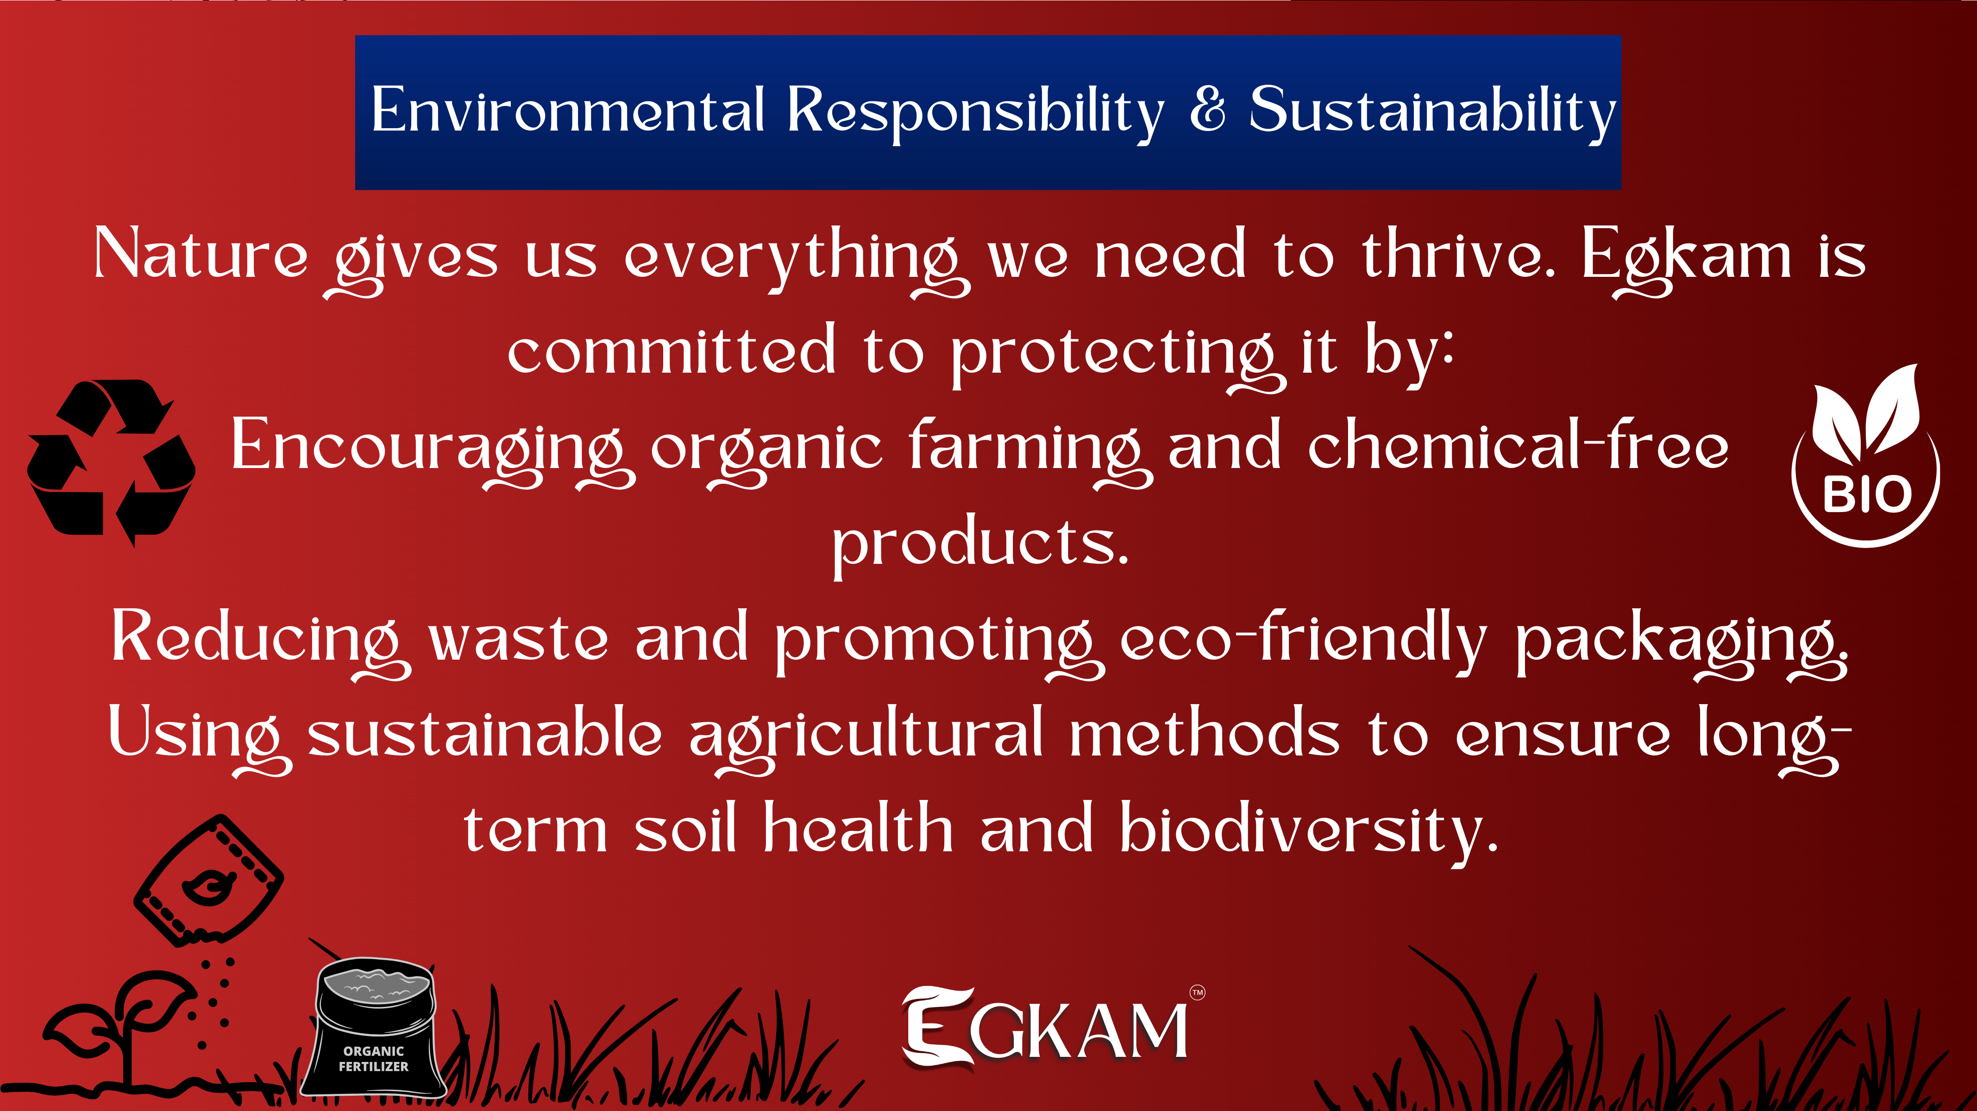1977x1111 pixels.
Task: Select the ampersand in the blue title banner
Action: [1207, 108]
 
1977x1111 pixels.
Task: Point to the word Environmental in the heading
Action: [568, 109]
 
